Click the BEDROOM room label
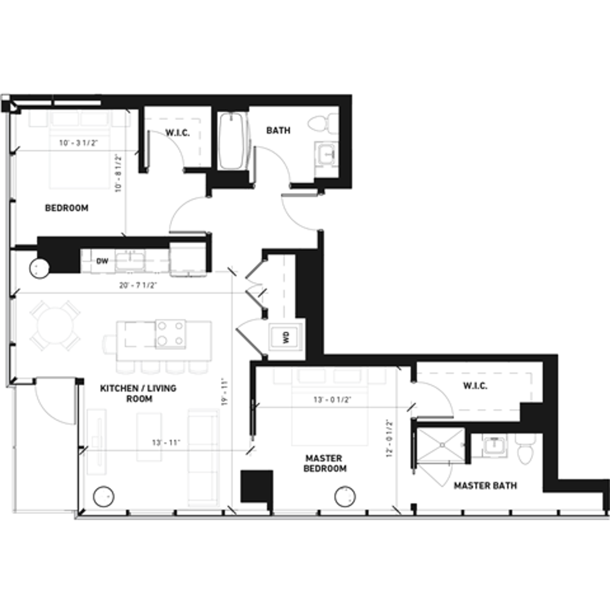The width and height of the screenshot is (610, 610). [x=67, y=208]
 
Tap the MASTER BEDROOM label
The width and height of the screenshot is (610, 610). [x=325, y=463]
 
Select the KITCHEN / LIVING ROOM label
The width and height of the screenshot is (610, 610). [x=138, y=393]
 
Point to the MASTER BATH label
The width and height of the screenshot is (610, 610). [x=485, y=485]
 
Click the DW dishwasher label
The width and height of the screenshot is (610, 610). [x=102, y=261]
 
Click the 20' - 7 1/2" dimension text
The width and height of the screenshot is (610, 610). [x=139, y=285]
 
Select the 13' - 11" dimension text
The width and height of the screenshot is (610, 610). [x=166, y=442]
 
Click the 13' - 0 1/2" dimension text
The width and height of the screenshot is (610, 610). [x=332, y=400]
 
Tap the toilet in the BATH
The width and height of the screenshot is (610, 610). [x=323, y=123]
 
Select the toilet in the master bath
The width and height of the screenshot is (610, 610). [x=526, y=448]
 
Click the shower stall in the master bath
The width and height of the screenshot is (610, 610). [x=441, y=444]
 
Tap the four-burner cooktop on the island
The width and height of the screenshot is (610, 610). [x=171, y=334]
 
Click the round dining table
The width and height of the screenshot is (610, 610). [x=55, y=325]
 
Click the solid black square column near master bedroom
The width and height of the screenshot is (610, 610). [x=256, y=486]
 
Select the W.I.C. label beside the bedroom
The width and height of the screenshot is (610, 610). [x=178, y=132]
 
